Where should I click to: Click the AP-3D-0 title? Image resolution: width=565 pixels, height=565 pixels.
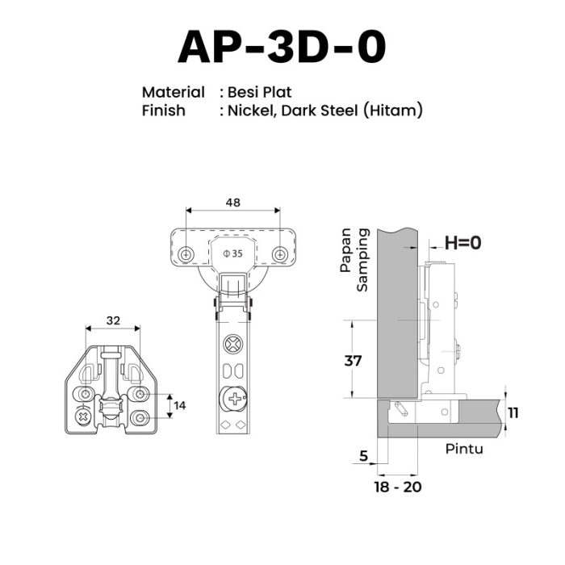[x=282, y=47]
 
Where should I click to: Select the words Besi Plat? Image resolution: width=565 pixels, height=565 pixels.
[x=259, y=92]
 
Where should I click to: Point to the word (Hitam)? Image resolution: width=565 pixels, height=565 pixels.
[x=393, y=111]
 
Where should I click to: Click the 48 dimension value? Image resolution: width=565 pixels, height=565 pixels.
[x=232, y=203]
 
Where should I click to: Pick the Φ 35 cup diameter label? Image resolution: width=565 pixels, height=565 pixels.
[x=232, y=253]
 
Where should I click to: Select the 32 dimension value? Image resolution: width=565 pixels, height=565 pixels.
[x=113, y=320]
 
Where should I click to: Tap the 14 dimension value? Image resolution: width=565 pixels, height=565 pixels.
[x=179, y=406]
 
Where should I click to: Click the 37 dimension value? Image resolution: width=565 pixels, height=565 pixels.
[x=353, y=360]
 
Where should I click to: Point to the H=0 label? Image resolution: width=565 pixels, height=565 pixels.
[x=463, y=242]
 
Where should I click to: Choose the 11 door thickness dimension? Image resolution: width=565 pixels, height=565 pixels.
[x=513, y=413]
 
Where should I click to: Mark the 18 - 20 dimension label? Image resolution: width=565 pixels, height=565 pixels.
[x=398, y=488]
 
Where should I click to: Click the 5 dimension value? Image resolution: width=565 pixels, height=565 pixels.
[x=363, y=456]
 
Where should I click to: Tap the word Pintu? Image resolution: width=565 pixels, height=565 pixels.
[x=464, y=449]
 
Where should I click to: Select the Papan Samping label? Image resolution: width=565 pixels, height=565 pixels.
[x=354, y=259]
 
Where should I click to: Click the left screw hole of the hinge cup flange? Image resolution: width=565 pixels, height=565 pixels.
[x=186, y=255]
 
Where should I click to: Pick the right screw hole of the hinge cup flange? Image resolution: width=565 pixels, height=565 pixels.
[x=279, y=255]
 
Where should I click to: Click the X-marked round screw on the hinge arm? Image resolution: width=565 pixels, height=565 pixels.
[x=233, y=344]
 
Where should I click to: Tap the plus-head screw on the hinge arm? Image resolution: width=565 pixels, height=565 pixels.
[x=235, y=399]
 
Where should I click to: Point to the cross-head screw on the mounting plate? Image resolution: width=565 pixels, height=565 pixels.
[x=83, y=417]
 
